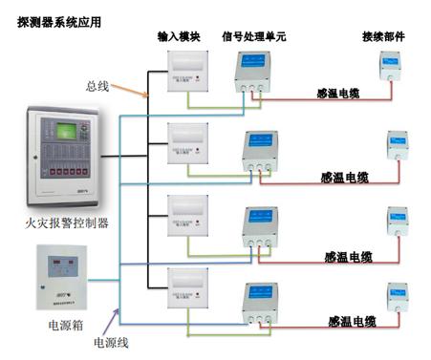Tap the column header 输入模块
179,36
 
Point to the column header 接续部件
383,36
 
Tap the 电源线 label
110,341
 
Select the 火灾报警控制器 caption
67,223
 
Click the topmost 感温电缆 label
338,95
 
